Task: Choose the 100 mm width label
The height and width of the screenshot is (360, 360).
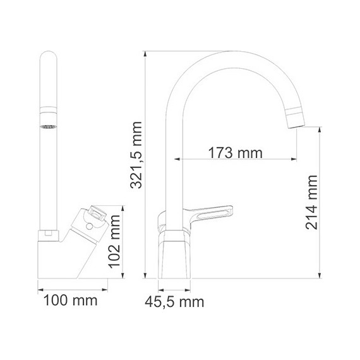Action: pos(69,301)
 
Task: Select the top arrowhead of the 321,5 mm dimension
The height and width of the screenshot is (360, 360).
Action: pos(146,53)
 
